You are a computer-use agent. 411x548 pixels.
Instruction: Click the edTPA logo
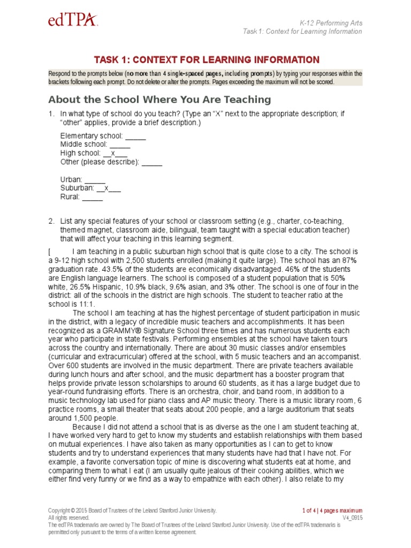(x=72, y=21)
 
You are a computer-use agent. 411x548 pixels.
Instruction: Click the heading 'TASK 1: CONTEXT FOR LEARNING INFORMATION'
(x=207, y=60)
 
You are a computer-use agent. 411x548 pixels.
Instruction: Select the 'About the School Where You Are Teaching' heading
(x=159, y=100)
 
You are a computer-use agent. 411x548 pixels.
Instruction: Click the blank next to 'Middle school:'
(x=120, y=144)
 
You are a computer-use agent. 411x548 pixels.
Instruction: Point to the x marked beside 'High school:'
(x=113, y=153)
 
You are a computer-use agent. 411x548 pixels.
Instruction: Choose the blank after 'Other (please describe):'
(x=152, y=162)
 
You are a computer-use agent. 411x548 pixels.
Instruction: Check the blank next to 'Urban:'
(x=95, y=179)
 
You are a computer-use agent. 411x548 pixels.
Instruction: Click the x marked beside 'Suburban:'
(x=106, y=188)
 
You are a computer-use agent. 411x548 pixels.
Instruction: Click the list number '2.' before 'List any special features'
(x=52, y=221)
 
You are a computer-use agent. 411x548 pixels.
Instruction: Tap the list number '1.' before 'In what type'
(x=52, y=113)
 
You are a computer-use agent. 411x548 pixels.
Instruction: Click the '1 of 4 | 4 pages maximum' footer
(x=332, y=511)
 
